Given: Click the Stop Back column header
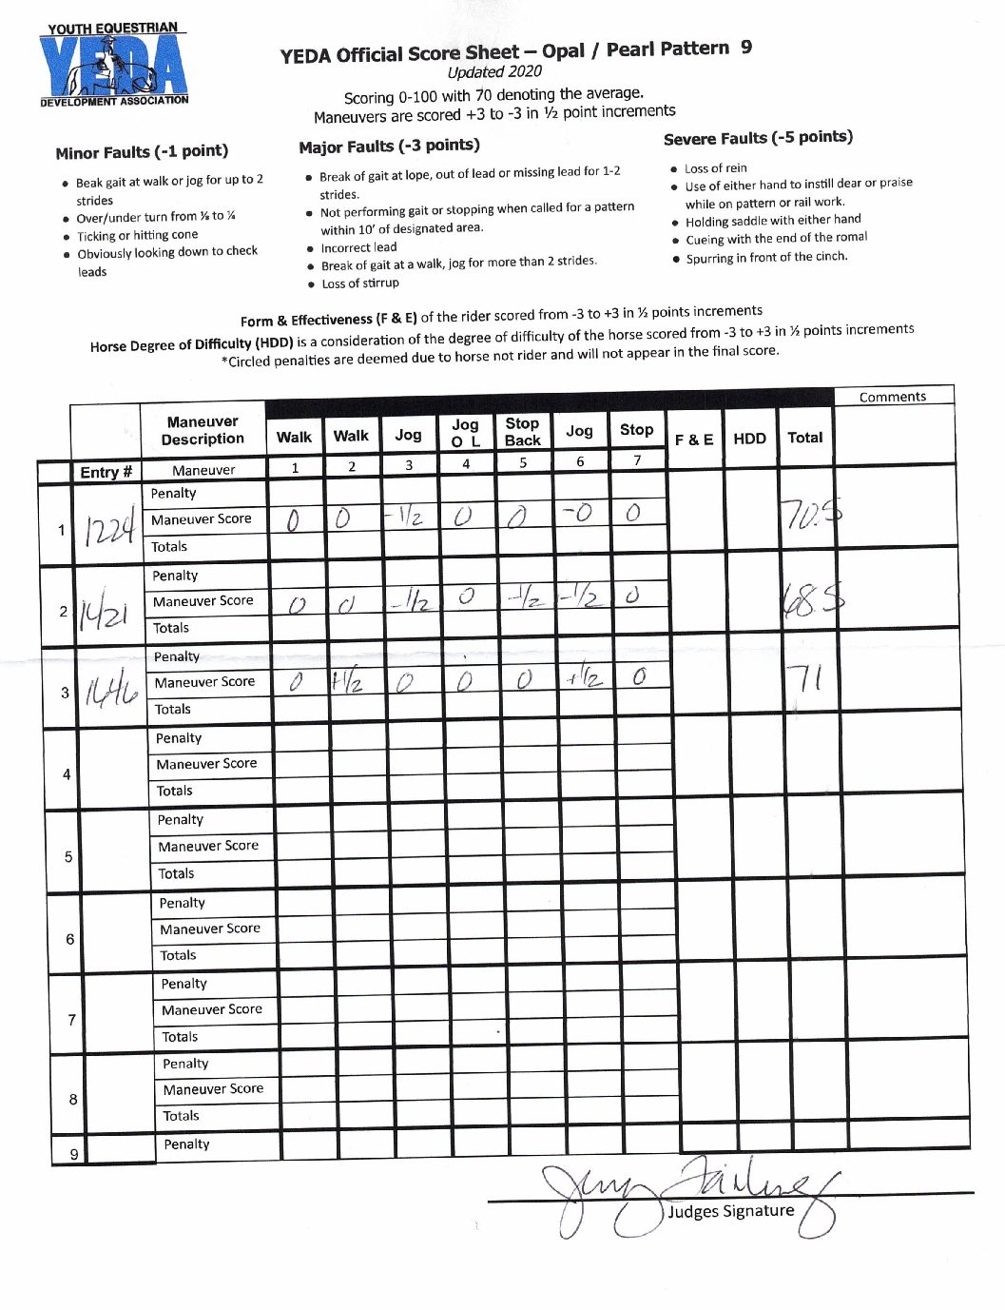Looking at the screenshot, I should [x=522, y=432].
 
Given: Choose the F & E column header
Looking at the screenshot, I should [x=694, y=440].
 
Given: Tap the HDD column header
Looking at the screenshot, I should [x=749, y=439].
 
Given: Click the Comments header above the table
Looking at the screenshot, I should [x=892, y=397].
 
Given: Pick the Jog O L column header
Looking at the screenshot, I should [x=465, y=433].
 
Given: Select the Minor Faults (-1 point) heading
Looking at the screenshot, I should [x=142, y=152].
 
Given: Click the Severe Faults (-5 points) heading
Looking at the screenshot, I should [x=758, y=138].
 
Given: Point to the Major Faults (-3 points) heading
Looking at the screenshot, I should [x=389, y=147].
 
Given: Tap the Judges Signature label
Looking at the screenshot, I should [x=730, y=1211].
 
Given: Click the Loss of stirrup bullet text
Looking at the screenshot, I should [x=360, y=284].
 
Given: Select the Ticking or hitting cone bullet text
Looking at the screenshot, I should [x=137, y=235].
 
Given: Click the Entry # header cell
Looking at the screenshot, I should [x=106, y=473].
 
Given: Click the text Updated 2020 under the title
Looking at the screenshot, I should [x=494, y=72].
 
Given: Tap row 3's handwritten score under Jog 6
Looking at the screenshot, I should [x=582, y=678].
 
